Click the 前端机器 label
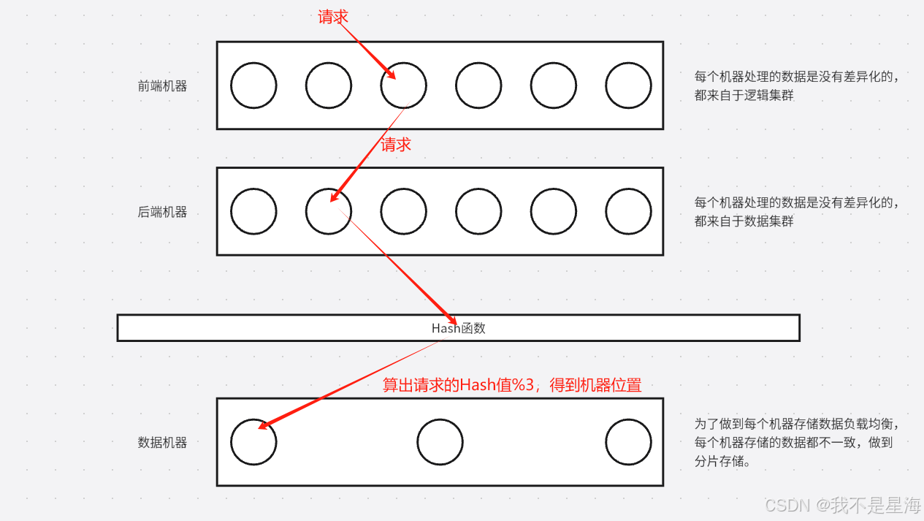pyautogui.click(x=162, y=85)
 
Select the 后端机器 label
pyautogui.click(x=162, y=212)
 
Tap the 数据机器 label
pyautogui.click(x=162, y=442)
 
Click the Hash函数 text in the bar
pyautogui.click(x=458, y=328)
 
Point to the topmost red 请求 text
pyautogui.click(x=333, y=17)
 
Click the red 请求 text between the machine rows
pyautogui.click(x=396, y=145)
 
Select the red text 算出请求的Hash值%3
pyautogui.click(x=512, y=385)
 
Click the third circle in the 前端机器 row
pyautogui.click(x=403, y=85)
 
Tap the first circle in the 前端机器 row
pyautogui.click(x=253, y=85)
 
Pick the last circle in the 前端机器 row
pyautogui.click(x=628, y=85)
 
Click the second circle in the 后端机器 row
pyautogui.click(x=328, y=212)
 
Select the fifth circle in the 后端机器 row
pyautogui.click(x=553, y=212)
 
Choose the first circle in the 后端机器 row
pyautogui.click(x=253, y=212)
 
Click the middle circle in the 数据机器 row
pyautogui.click(x=440, y=442)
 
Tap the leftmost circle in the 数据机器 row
pyautogui.click(x=253, y=442)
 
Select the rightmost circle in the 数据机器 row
pyautogui.click(x=628, y=442)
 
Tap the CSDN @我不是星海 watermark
pyautogui.click(x=842, y=505)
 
